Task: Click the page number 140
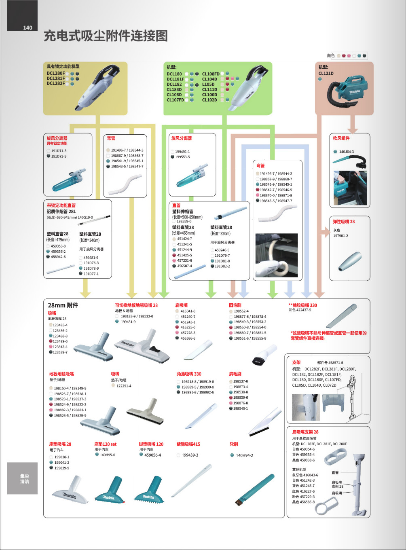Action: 27,27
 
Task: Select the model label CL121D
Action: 326,73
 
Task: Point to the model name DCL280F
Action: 55,73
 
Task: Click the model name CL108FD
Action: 211,74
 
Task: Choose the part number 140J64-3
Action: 347,152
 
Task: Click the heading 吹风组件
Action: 341,138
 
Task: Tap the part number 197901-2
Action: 340,236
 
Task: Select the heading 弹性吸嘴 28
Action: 344,222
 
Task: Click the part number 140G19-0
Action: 85,218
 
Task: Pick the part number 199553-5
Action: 182,157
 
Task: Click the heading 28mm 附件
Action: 63,305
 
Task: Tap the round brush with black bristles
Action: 264,355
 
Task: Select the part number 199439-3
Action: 190,455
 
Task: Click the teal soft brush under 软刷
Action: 250,490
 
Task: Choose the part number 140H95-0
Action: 107,455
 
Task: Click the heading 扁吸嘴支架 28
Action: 305,432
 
